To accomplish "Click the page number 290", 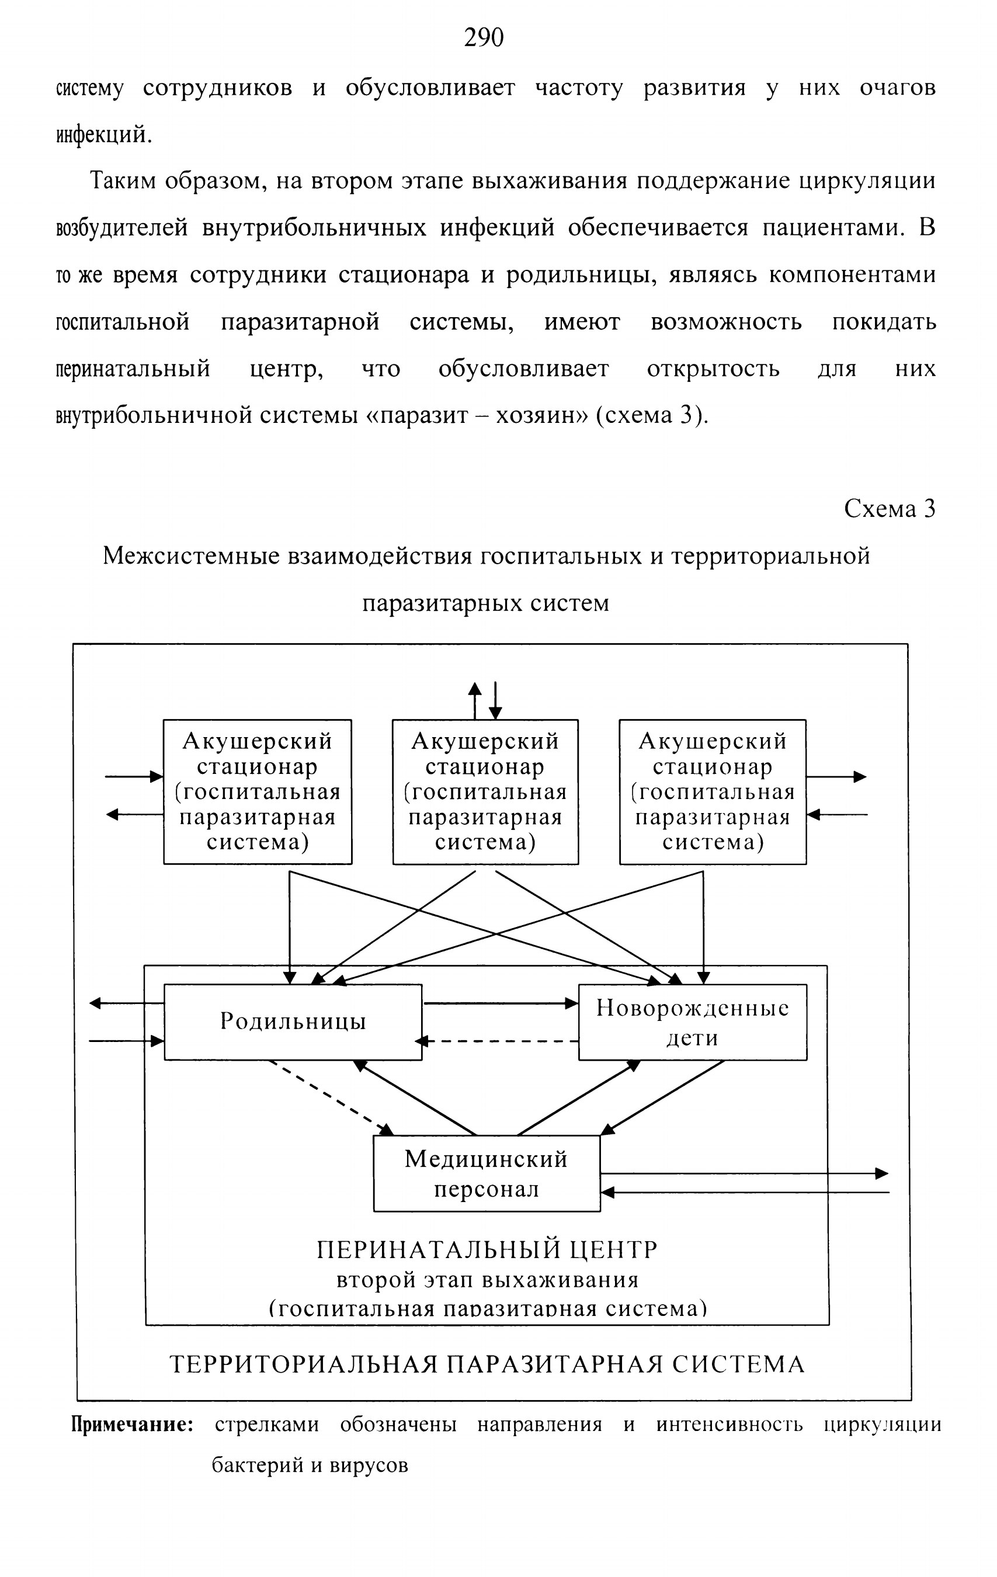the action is click(484, 38).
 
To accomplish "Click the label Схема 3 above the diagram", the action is click(890, 509).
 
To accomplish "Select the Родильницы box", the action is click(293, 1022).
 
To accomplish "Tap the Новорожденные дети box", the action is click(692, 1022).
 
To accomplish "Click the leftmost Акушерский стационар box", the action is click(258, 792).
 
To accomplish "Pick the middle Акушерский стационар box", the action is click(485, 792).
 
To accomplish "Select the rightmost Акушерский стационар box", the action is click(713, 792).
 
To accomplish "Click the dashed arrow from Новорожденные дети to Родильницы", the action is click(497, 1041).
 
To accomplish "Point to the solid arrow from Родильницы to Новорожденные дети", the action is click(501, 1003).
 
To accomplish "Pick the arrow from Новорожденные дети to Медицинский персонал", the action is click(662, 1097).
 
